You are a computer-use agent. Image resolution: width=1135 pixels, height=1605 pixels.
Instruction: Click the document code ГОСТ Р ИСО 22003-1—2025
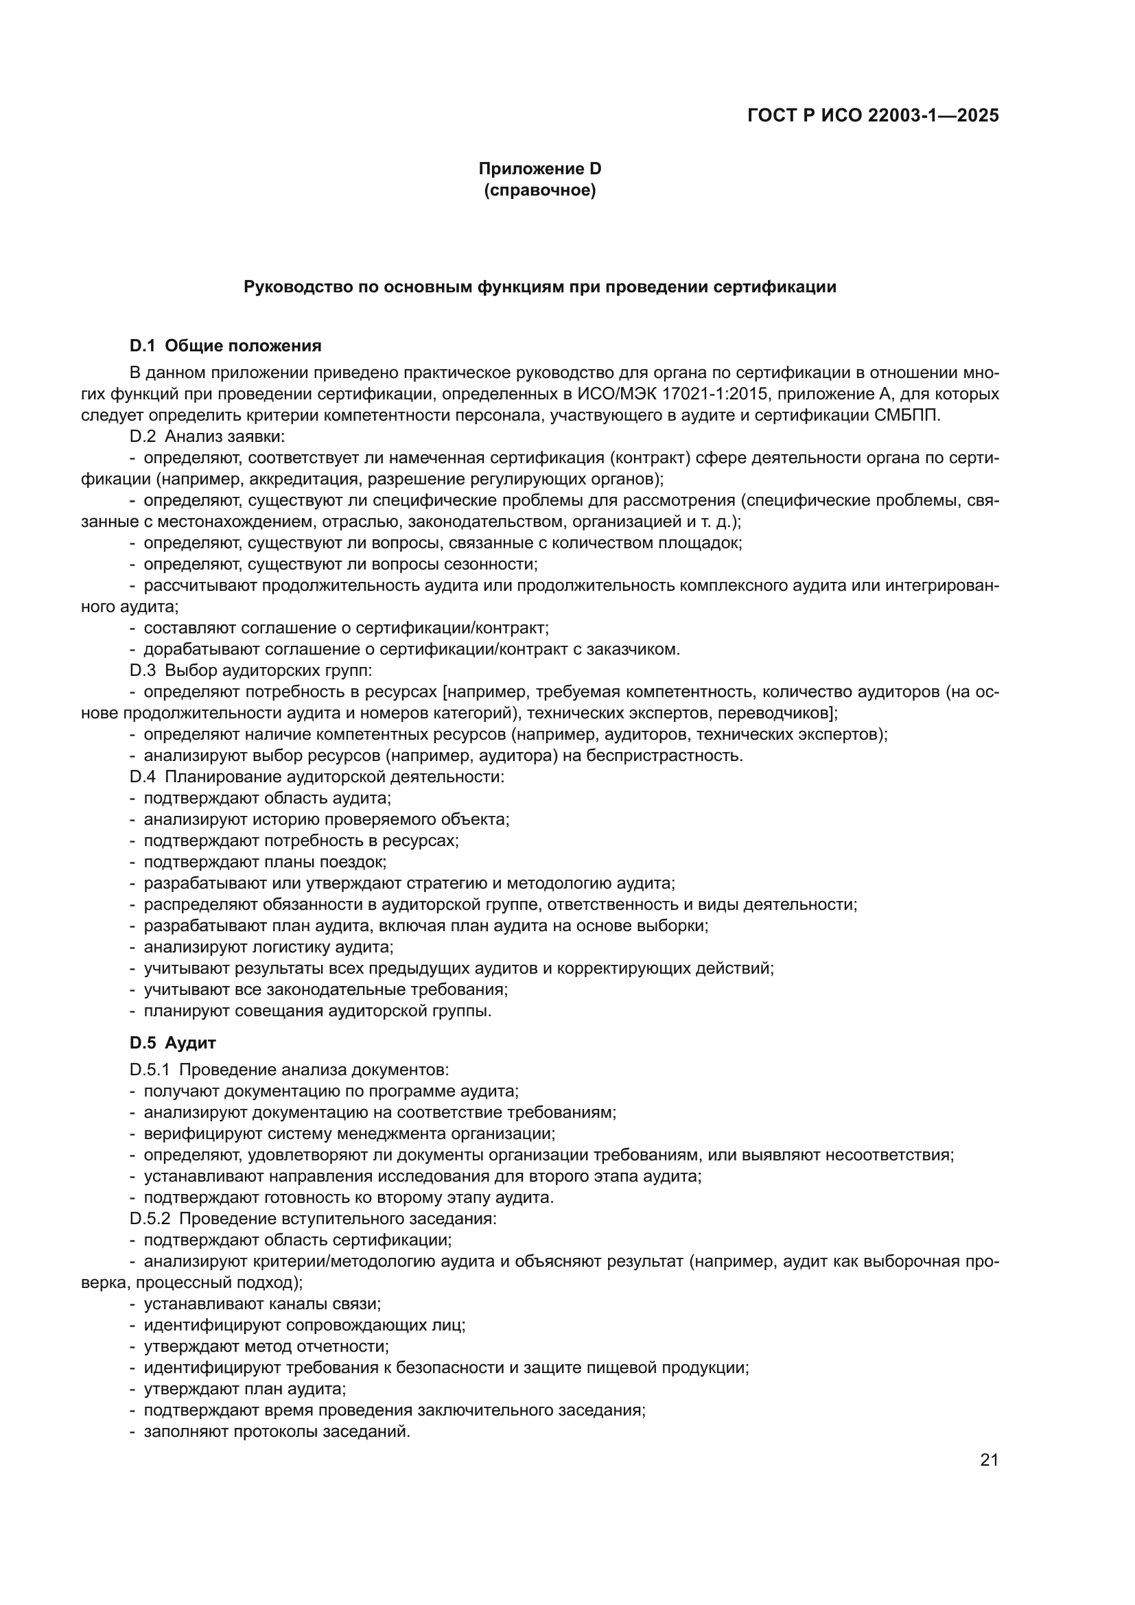pyautogui.click(x=873, y=115)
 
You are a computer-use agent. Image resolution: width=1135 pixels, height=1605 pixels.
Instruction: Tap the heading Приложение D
pyautogui.click(x=539, y=169)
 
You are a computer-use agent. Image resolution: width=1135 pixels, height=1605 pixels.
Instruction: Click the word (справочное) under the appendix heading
pyautogui.click(x=539, y=190)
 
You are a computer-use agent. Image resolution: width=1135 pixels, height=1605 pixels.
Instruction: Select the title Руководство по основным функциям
pyautogui.click(x=539, y=287)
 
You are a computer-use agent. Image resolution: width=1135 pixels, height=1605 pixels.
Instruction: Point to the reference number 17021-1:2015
pyautogui.click(x=712, y=395)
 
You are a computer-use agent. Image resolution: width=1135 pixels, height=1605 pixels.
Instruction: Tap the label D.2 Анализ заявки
pyautogui.click(x=207, y=437)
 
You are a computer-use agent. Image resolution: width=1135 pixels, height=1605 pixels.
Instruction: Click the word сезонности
pyautogui.click(x=494, y=564)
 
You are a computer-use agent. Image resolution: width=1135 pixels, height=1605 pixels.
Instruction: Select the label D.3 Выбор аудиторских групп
pyautogui.click(x=251, y=671)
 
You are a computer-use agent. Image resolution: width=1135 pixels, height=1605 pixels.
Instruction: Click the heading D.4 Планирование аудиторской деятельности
pyautogui.click(x=316, y=777)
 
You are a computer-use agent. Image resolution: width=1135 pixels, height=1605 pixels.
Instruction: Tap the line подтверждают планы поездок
pyautogui.click(x=265, y=862)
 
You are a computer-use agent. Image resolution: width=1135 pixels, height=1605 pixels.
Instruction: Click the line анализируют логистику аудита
pyautogui.click(x=268, y=947)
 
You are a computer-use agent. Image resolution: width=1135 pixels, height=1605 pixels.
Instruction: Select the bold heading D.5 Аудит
pyautogui.click(x=173, y=1043)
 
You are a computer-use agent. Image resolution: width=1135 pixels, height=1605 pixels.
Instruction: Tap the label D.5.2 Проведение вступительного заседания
pyautogui.click(x=313, y=1219)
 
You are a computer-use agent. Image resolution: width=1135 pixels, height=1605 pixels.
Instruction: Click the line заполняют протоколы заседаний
pyautogui.click(x=276, y=1431)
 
